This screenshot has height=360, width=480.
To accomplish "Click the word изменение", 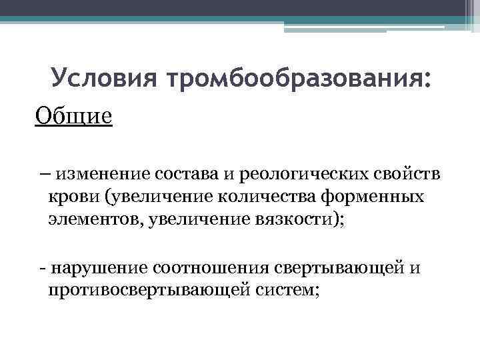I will point(103,175).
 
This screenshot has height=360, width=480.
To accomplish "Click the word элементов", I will point(87,219).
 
